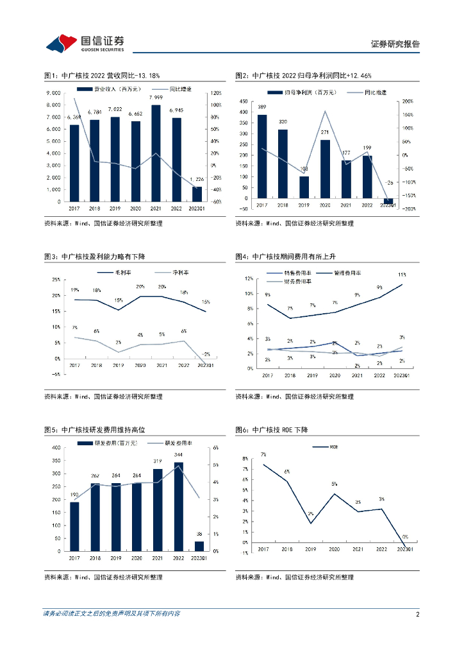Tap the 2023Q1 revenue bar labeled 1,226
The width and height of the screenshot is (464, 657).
click(197, 193)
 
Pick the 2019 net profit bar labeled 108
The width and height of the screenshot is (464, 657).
click(304, 187)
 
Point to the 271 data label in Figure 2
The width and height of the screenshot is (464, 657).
click(325, 132)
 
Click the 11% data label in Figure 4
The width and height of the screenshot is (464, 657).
click(401, 275)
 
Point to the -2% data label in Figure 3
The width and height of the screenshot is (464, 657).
click(205, 354)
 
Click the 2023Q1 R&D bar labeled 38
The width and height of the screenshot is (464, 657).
click(199, 546)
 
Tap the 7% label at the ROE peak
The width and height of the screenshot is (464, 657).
click(263, 454)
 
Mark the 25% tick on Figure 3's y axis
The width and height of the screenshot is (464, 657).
click(56, 280)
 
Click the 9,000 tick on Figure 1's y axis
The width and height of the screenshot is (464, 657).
click(54, 93)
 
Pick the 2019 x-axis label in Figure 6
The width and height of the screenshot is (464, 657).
click(310, 550)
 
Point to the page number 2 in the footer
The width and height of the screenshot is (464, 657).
click(417, 614)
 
